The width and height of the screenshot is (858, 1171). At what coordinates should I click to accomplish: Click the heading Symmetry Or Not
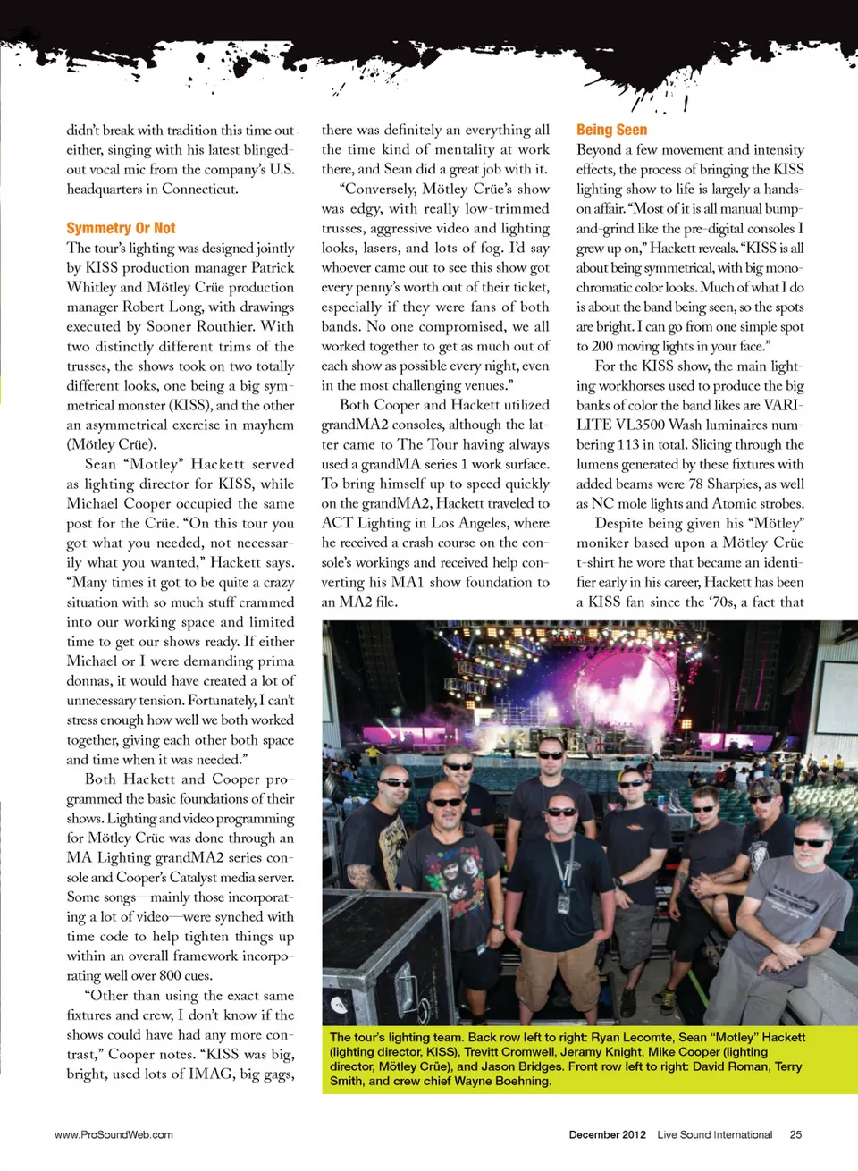click(x=121, y=228)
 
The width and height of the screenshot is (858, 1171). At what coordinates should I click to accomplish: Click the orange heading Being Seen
click(x=611, y=130)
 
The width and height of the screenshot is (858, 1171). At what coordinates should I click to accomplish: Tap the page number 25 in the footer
click(x=795, y=1134)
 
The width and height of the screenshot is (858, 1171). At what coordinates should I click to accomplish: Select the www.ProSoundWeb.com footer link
click(x=114, y=1134)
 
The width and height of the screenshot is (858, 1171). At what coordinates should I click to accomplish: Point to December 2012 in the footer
click(x=607, y=1134)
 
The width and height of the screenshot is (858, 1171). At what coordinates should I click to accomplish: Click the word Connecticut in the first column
click(x=201, y=189)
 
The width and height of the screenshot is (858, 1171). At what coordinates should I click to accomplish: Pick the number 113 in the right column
click(x=628, y=444)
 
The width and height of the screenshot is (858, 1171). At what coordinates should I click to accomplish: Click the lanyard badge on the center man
click(x=564, y=903)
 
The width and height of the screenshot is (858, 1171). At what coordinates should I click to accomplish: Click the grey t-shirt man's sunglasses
click(x=811, y=842)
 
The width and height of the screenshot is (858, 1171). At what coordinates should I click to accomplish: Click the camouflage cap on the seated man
click(x=764, y=787)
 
